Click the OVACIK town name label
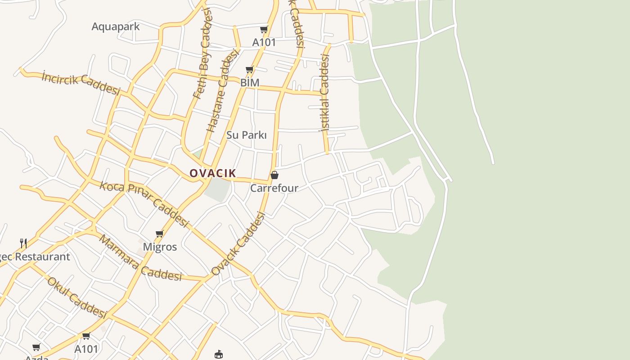click(x=213, y=173)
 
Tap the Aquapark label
click(x=116, y=27)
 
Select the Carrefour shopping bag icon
click(x=274, y=175)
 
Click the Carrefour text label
click(x=274, y=188)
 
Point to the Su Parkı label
click(x=247, y=135)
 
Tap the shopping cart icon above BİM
click(x=250, y=70)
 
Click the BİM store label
click(x=250, y=83)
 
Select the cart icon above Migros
click(x=159, y=234)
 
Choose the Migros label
click(x=160, y=247)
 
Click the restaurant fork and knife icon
click(x=23, y=243)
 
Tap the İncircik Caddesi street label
click(x=81, y=83)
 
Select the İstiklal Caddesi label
click(x=324, y=92)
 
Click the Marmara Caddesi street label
click(x=140, y=258)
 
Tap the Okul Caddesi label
click(x=77, y=297)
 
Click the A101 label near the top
click(x=264, y=42)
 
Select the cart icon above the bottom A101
click(x=86, y=336)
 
